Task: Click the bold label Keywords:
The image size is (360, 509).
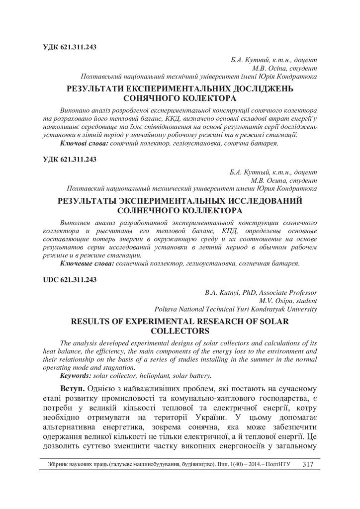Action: coord(77,375)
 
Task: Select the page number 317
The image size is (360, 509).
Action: coord(307,464)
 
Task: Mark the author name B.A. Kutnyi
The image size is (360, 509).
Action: coord(223,293)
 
